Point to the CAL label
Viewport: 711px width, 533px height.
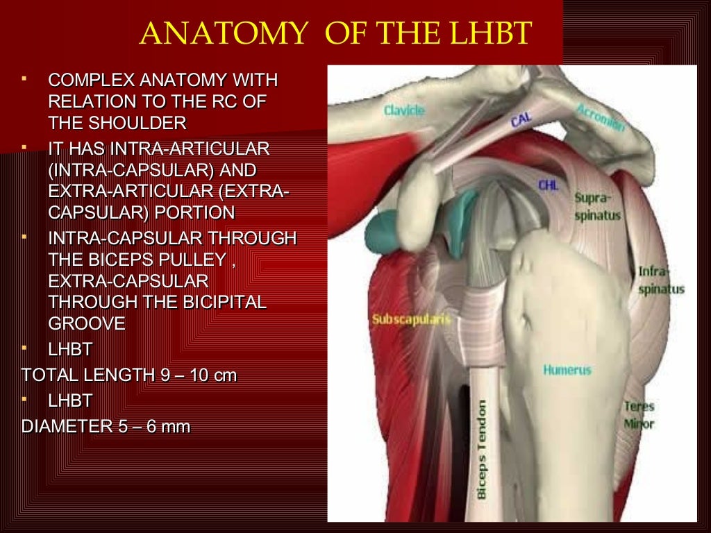(521, 120)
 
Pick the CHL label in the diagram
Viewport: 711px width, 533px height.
(548, 185)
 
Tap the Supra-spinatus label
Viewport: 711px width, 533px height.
(597, 207)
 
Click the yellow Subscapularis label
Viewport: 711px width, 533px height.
(412, 320)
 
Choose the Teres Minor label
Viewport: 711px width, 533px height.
(639, 414)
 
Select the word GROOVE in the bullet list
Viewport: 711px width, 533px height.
(87, 323)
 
